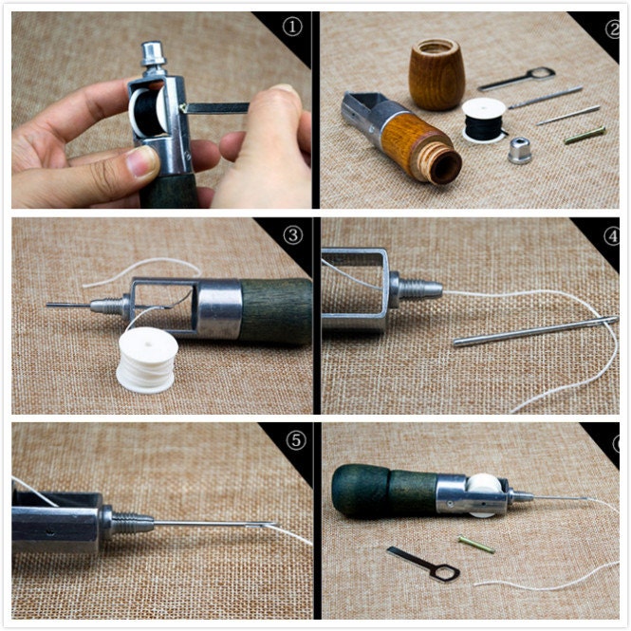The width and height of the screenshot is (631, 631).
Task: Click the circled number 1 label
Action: point(292,28)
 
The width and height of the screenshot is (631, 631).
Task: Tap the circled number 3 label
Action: point(292,234)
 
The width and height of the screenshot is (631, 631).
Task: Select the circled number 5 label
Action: point(296,440)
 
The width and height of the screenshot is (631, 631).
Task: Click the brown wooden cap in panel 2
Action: point(437,74)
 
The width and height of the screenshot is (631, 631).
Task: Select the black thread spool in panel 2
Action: point(483,121)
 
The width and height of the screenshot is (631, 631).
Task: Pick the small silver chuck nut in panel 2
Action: point(520,150)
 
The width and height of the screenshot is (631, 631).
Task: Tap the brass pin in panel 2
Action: point(585,135)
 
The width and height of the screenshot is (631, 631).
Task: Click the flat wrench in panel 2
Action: point(517,79)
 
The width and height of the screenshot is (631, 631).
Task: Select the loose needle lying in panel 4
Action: point(535,331)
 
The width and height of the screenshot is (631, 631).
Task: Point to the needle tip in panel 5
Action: point(275,524)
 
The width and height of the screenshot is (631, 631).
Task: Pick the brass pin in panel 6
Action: point(476,544)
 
